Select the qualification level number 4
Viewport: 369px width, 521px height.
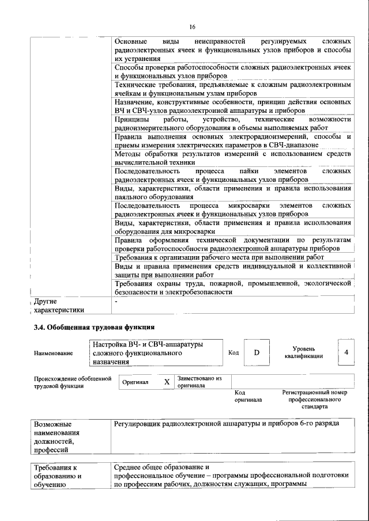345,352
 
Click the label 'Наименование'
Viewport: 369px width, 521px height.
53,353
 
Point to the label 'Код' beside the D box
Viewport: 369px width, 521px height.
234,352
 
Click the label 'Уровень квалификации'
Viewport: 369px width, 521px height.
303,352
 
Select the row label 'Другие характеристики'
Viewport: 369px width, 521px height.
59,305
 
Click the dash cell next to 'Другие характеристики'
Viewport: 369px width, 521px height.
116,301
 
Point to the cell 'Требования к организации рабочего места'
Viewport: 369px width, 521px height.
219,257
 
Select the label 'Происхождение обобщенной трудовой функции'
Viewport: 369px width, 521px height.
72,382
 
